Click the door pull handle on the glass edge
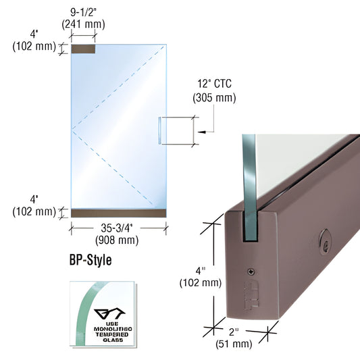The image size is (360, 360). point(161,130)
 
